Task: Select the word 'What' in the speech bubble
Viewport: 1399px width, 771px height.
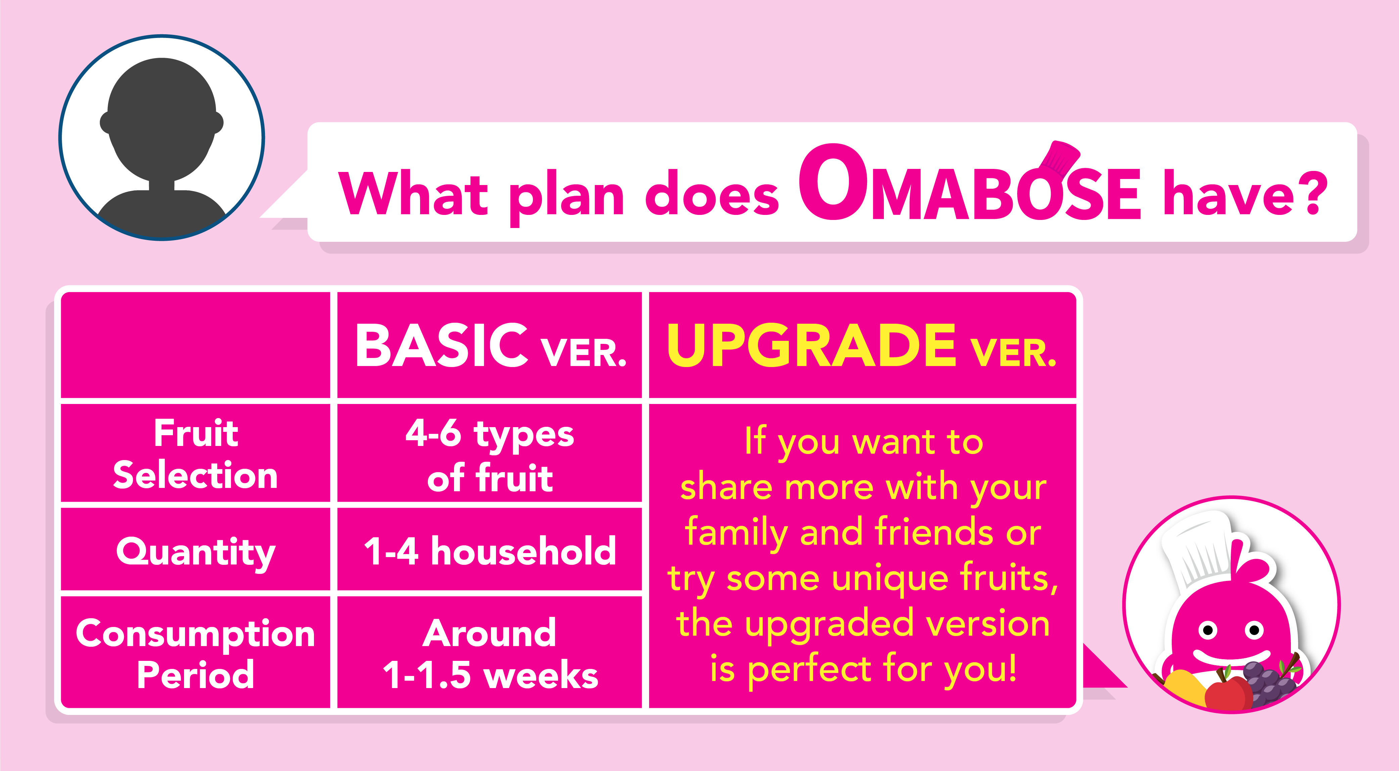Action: tap(413, 193)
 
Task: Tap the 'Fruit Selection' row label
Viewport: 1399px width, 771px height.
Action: tap(195, 454)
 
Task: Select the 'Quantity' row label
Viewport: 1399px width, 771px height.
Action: tap(195, 552)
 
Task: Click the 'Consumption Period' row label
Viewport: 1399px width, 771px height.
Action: tap(195, 653)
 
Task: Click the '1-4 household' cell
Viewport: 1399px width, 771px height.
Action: tap(490, 551)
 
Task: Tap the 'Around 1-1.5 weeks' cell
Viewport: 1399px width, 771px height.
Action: tap(490, 654)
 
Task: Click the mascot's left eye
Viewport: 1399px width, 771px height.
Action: tap(1208, 630)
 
